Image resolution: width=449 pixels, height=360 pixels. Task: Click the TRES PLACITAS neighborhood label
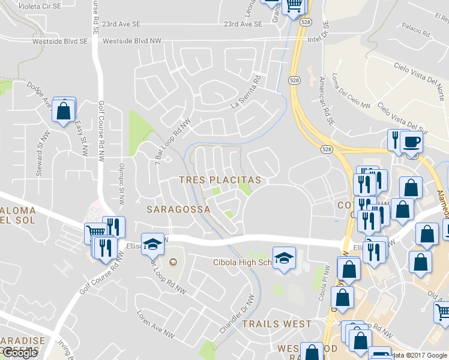[220, 180]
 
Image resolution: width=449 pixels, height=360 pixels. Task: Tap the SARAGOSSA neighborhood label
[178, 209]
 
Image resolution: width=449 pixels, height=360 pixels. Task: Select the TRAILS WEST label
[277, 324]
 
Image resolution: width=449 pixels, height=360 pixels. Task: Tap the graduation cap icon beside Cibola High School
[284, 258]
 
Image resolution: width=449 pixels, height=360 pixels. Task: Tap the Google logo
[20, 353]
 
